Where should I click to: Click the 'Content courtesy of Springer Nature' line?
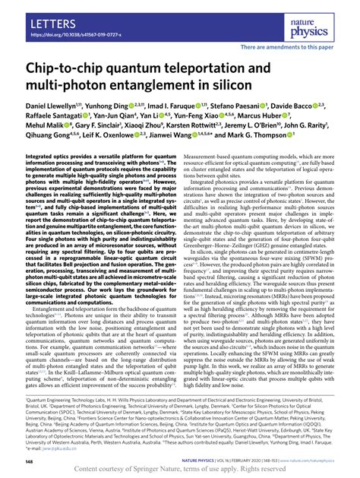coord(180,467)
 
